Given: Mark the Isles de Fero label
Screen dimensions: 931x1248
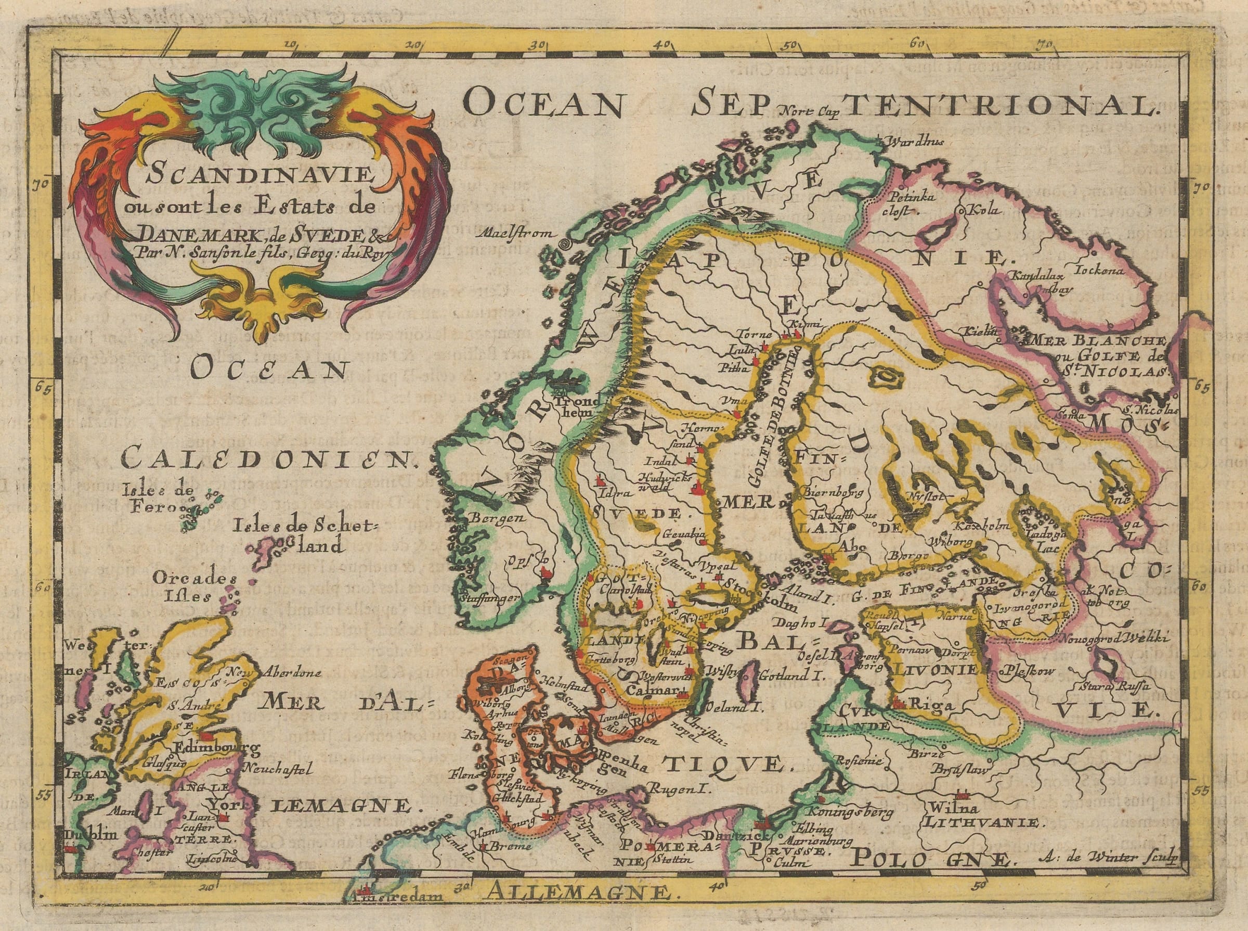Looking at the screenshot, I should pos(149,496).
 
